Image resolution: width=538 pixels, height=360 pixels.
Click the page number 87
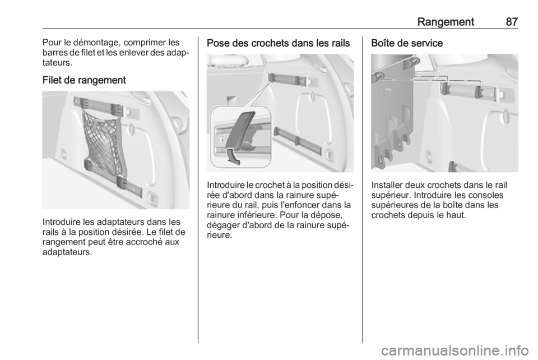511,22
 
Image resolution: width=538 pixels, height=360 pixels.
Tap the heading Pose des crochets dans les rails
279,43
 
